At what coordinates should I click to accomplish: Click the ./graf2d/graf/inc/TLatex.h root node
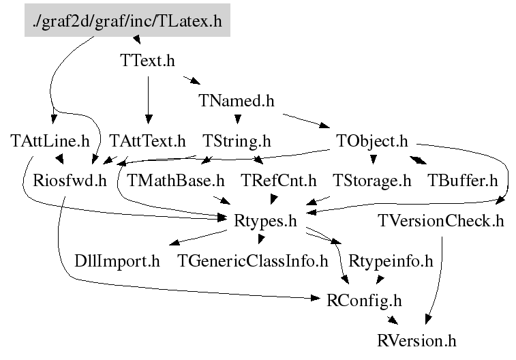pos(127,21)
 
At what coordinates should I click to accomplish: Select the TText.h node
pos(147,61)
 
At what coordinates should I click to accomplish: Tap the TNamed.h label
pos(237,101)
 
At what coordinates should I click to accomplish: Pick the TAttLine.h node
pos(50,141)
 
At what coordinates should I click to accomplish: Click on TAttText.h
pos(147,141)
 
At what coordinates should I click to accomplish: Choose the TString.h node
pos(237,141)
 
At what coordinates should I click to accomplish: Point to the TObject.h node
pos(371,141)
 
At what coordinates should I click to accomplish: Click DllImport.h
pos(117,260)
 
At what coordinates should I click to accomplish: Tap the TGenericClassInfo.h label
pos(253,260)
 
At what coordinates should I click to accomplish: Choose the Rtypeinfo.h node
pos(391,260)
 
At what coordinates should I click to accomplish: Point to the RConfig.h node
pos(365,300)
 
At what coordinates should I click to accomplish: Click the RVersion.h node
pos(416,340)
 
